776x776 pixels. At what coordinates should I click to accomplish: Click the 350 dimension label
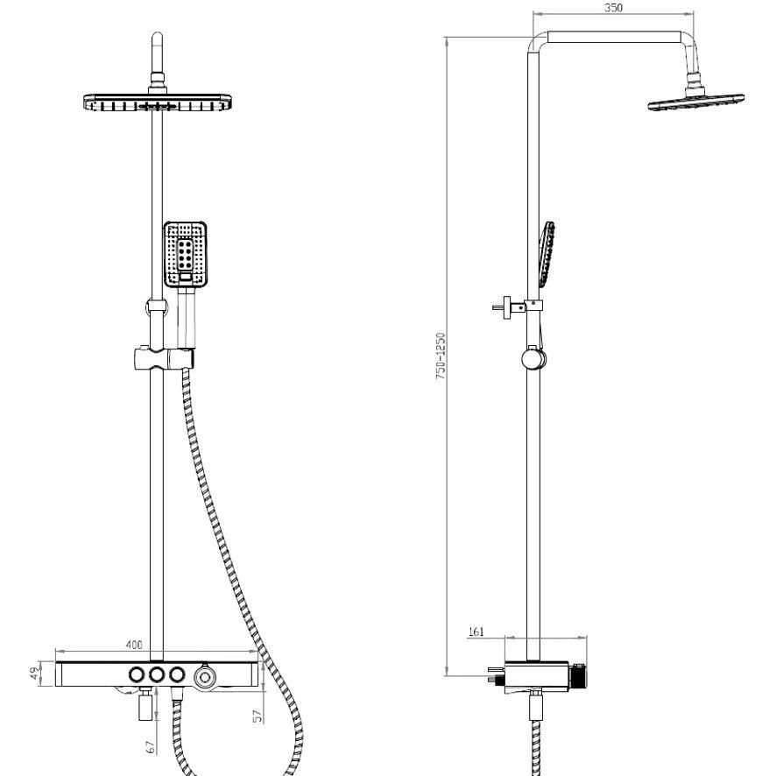click(613, 8)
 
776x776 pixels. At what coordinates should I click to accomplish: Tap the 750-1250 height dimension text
click(441, 356)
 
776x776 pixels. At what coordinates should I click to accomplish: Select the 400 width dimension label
click(134, 645)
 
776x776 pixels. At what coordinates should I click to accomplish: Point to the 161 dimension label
click(476, 632)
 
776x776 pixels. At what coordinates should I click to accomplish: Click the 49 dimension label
click(35, 674)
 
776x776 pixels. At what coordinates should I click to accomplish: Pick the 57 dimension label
click(257, 716)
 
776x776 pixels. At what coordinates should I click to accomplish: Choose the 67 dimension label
click(152, 747)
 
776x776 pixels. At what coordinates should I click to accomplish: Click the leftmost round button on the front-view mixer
click(137, 674)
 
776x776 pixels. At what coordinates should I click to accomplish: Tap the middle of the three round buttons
click(157, 674)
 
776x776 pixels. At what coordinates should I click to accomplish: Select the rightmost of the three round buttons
click(177, 674)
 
